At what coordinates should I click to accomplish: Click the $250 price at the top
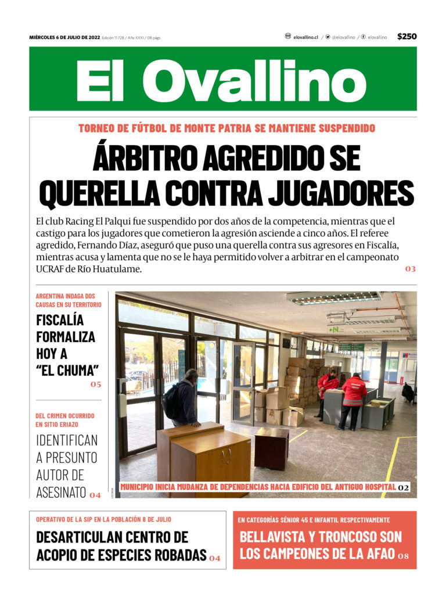pyautogui.click(x=407, y=37)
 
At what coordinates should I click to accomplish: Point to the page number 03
pyautogui.click(x=410, y=269)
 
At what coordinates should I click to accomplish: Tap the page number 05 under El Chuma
pyautogui.click(x=95, y=384)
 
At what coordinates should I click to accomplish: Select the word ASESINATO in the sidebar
pyautogui.click(x=61, y=493)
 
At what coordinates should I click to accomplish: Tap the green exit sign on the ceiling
pyautogui.click(x=336, y=329)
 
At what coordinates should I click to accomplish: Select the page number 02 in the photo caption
pyautogui.click(x=404, y=487)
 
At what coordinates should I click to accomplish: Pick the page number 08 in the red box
pyautogui.click(x=403, y=556)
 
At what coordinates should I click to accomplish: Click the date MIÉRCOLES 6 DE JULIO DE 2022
pyautogui.click(x=64, y=38)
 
